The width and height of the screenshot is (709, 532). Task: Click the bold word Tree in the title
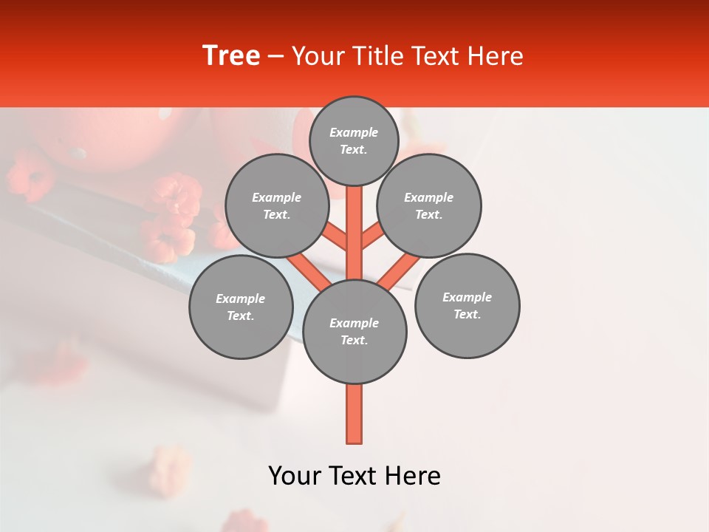[231, 55]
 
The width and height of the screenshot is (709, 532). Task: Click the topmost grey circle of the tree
[354, 140]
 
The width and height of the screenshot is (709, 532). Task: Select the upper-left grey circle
[276, 205]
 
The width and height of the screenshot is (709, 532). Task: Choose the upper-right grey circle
[429, 205]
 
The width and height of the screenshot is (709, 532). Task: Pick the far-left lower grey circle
[241, 307]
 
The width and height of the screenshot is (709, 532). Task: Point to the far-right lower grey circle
[467, 305]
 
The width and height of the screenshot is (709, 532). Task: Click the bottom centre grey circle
[354, 332]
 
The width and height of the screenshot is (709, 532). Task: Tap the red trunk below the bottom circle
[354, 414]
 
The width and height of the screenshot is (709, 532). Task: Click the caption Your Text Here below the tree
[354, 476]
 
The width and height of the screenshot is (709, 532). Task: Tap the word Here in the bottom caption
[414, 476]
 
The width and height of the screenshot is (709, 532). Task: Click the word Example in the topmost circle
[354, 132]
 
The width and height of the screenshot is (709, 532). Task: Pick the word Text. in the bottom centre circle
[354, 340]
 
